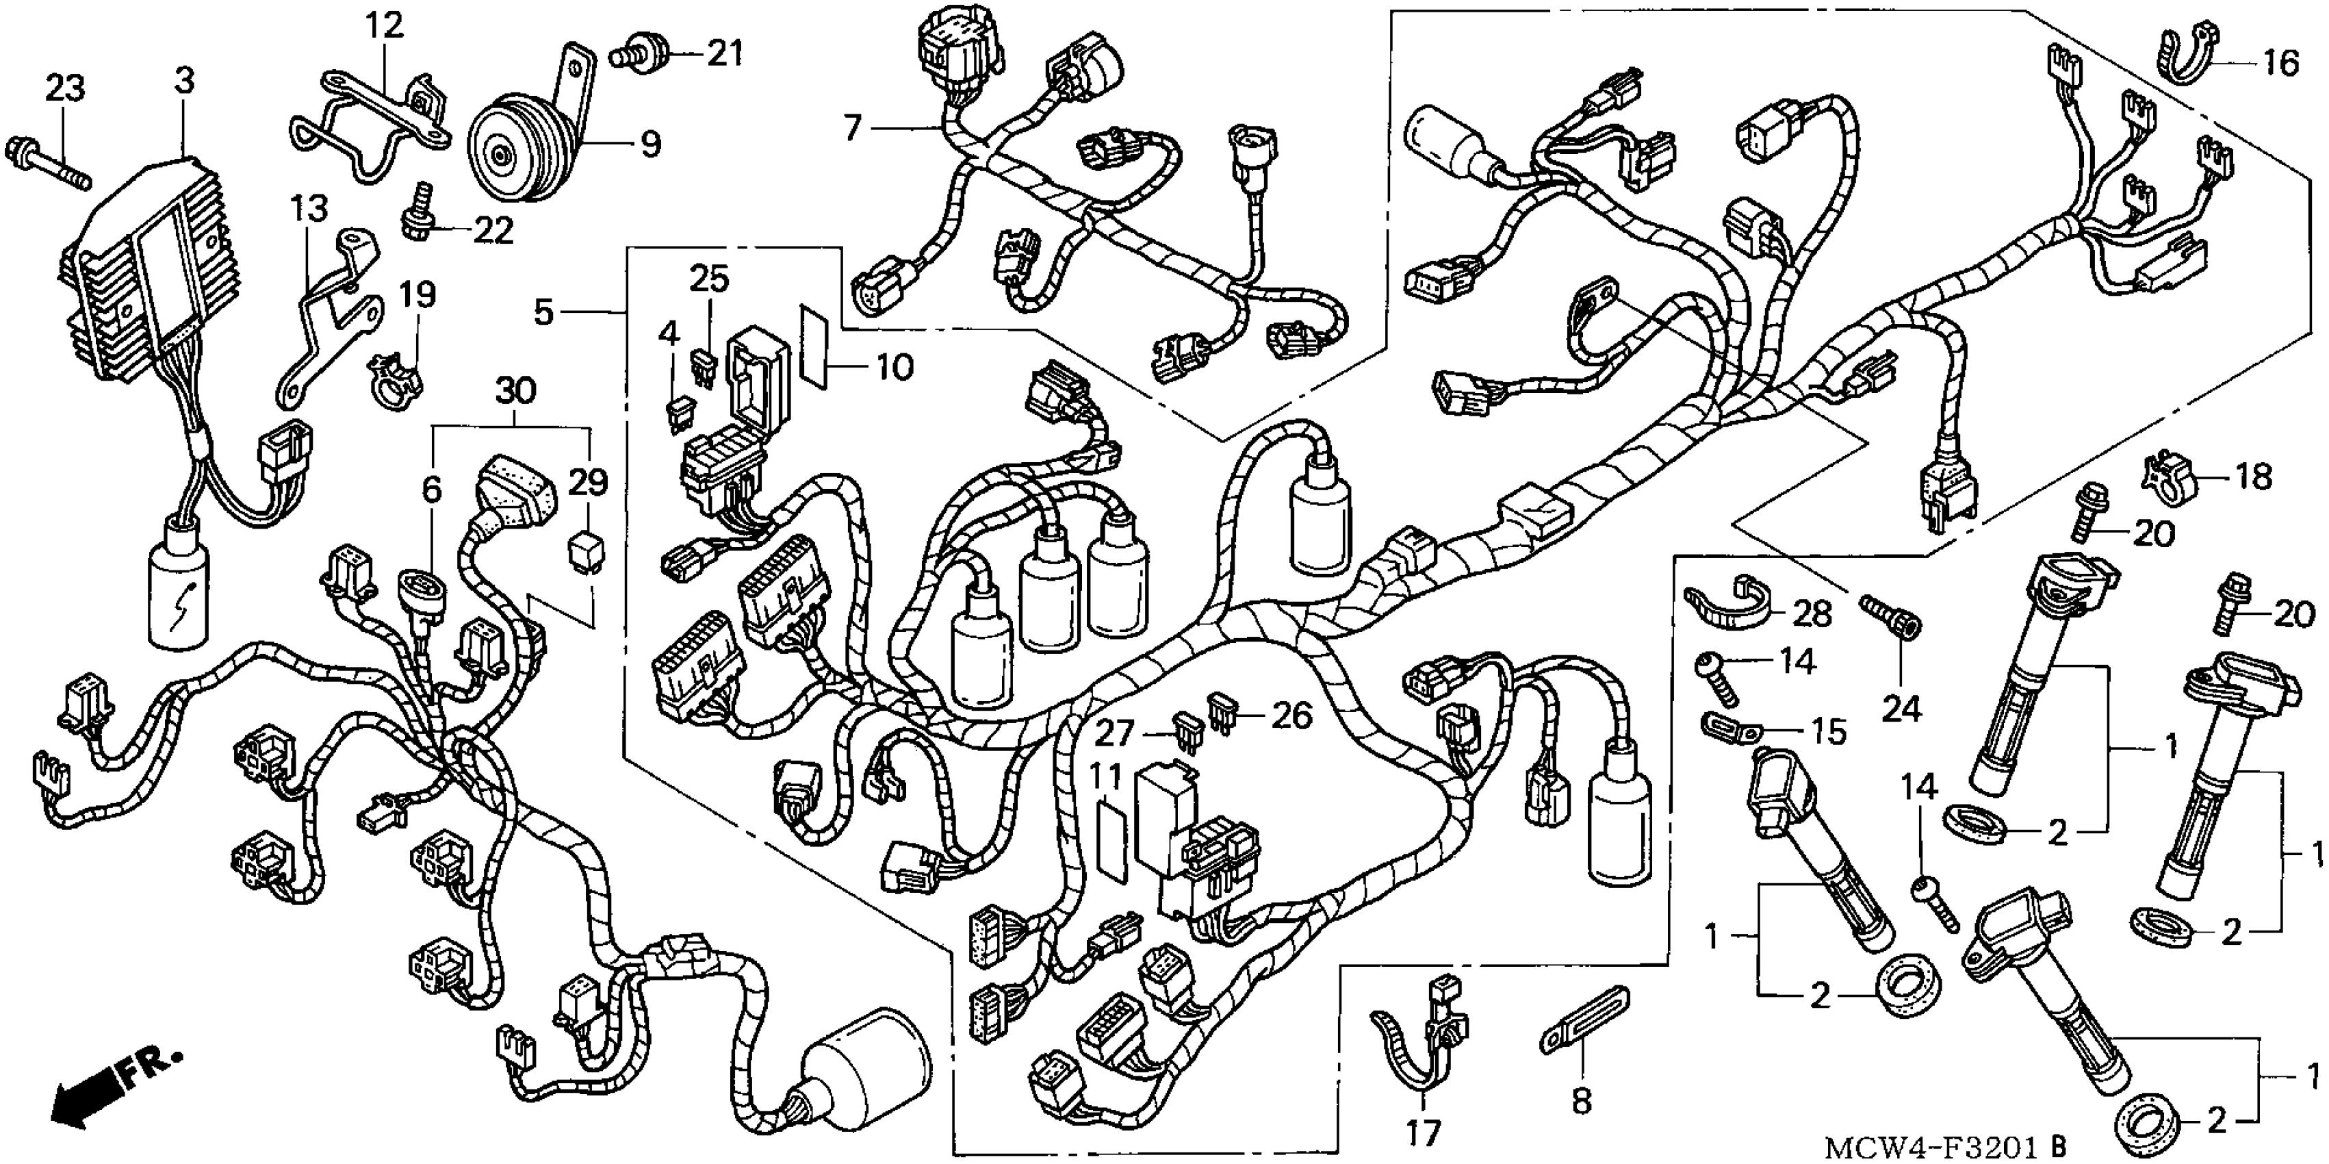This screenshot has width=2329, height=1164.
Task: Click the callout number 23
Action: coord(64,88)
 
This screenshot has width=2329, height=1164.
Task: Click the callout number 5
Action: coord(543,312)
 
